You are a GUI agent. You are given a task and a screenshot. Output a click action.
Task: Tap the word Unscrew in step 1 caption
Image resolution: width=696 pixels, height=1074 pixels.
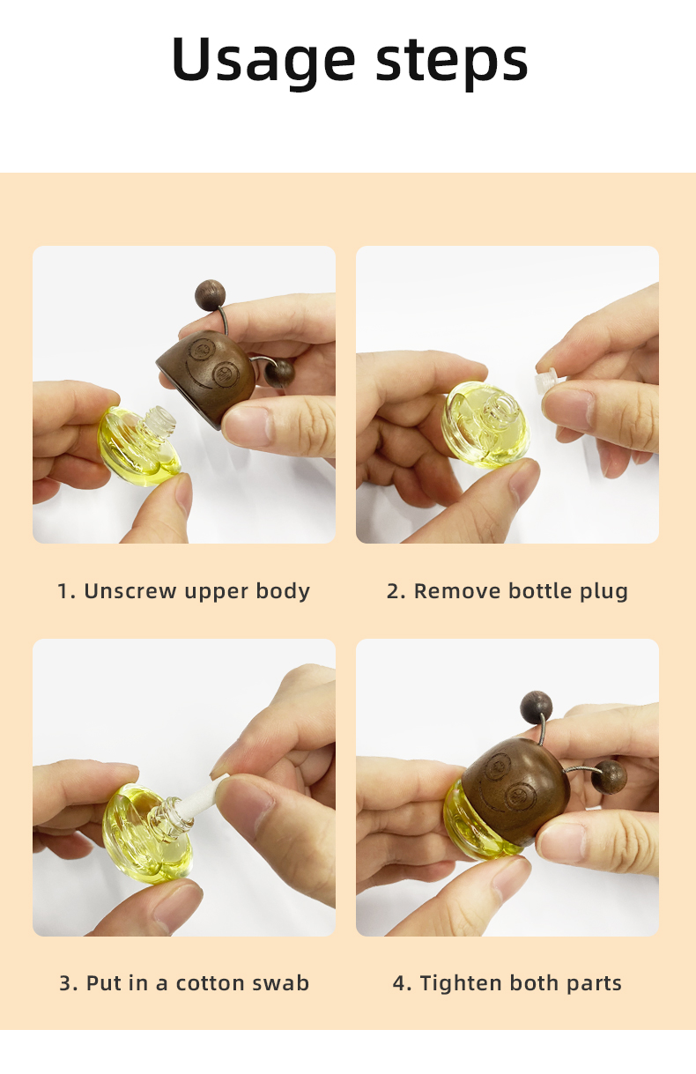130,590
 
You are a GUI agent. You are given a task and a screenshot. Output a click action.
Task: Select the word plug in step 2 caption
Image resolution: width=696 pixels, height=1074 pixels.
604,590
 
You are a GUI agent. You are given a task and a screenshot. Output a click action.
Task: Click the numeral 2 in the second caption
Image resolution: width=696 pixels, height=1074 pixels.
393,590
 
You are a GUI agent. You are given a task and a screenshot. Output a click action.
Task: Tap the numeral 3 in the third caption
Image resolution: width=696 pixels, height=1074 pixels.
66,982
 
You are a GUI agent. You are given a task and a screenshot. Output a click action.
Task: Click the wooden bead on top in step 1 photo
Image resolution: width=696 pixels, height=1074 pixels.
211,293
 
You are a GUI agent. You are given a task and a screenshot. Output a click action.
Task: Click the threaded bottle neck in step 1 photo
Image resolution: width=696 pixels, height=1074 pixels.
158,420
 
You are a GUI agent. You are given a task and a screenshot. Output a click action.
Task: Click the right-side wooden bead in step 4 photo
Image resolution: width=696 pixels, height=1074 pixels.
609,776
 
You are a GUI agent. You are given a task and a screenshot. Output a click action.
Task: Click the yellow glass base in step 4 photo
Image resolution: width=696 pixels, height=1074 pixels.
476,824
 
